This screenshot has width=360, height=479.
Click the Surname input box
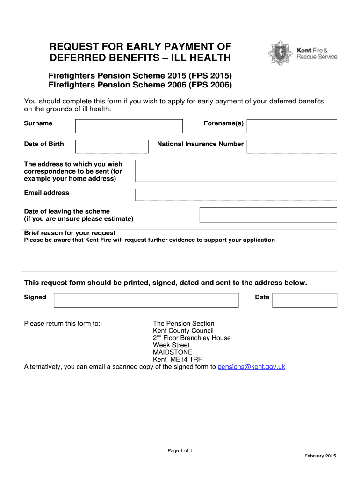[x=129, y=126]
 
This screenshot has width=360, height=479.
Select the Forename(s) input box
[x=291, y=126]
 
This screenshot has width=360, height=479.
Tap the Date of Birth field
[x=112, y=146]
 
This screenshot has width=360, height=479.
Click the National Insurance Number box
[x=291, y=146]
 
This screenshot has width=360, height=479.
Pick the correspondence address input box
[x=236, y=171]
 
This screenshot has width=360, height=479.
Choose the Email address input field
[x=236, y=195]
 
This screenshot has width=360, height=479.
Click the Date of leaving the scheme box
[x=268, y=215]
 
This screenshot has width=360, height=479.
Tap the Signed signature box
[x=146, y=300]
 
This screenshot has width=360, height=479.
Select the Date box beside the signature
[x=304, y=300]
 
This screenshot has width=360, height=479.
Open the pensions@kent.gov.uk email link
[x=251, y=367]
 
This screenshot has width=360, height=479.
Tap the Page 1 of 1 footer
[x=180, y=450]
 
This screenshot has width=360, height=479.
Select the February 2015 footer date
[x=320, y=456]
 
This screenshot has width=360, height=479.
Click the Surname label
[x=38, y=123]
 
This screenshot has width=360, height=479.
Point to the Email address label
[x=46, y=193]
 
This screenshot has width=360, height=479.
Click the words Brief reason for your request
[x=70, y=233]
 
